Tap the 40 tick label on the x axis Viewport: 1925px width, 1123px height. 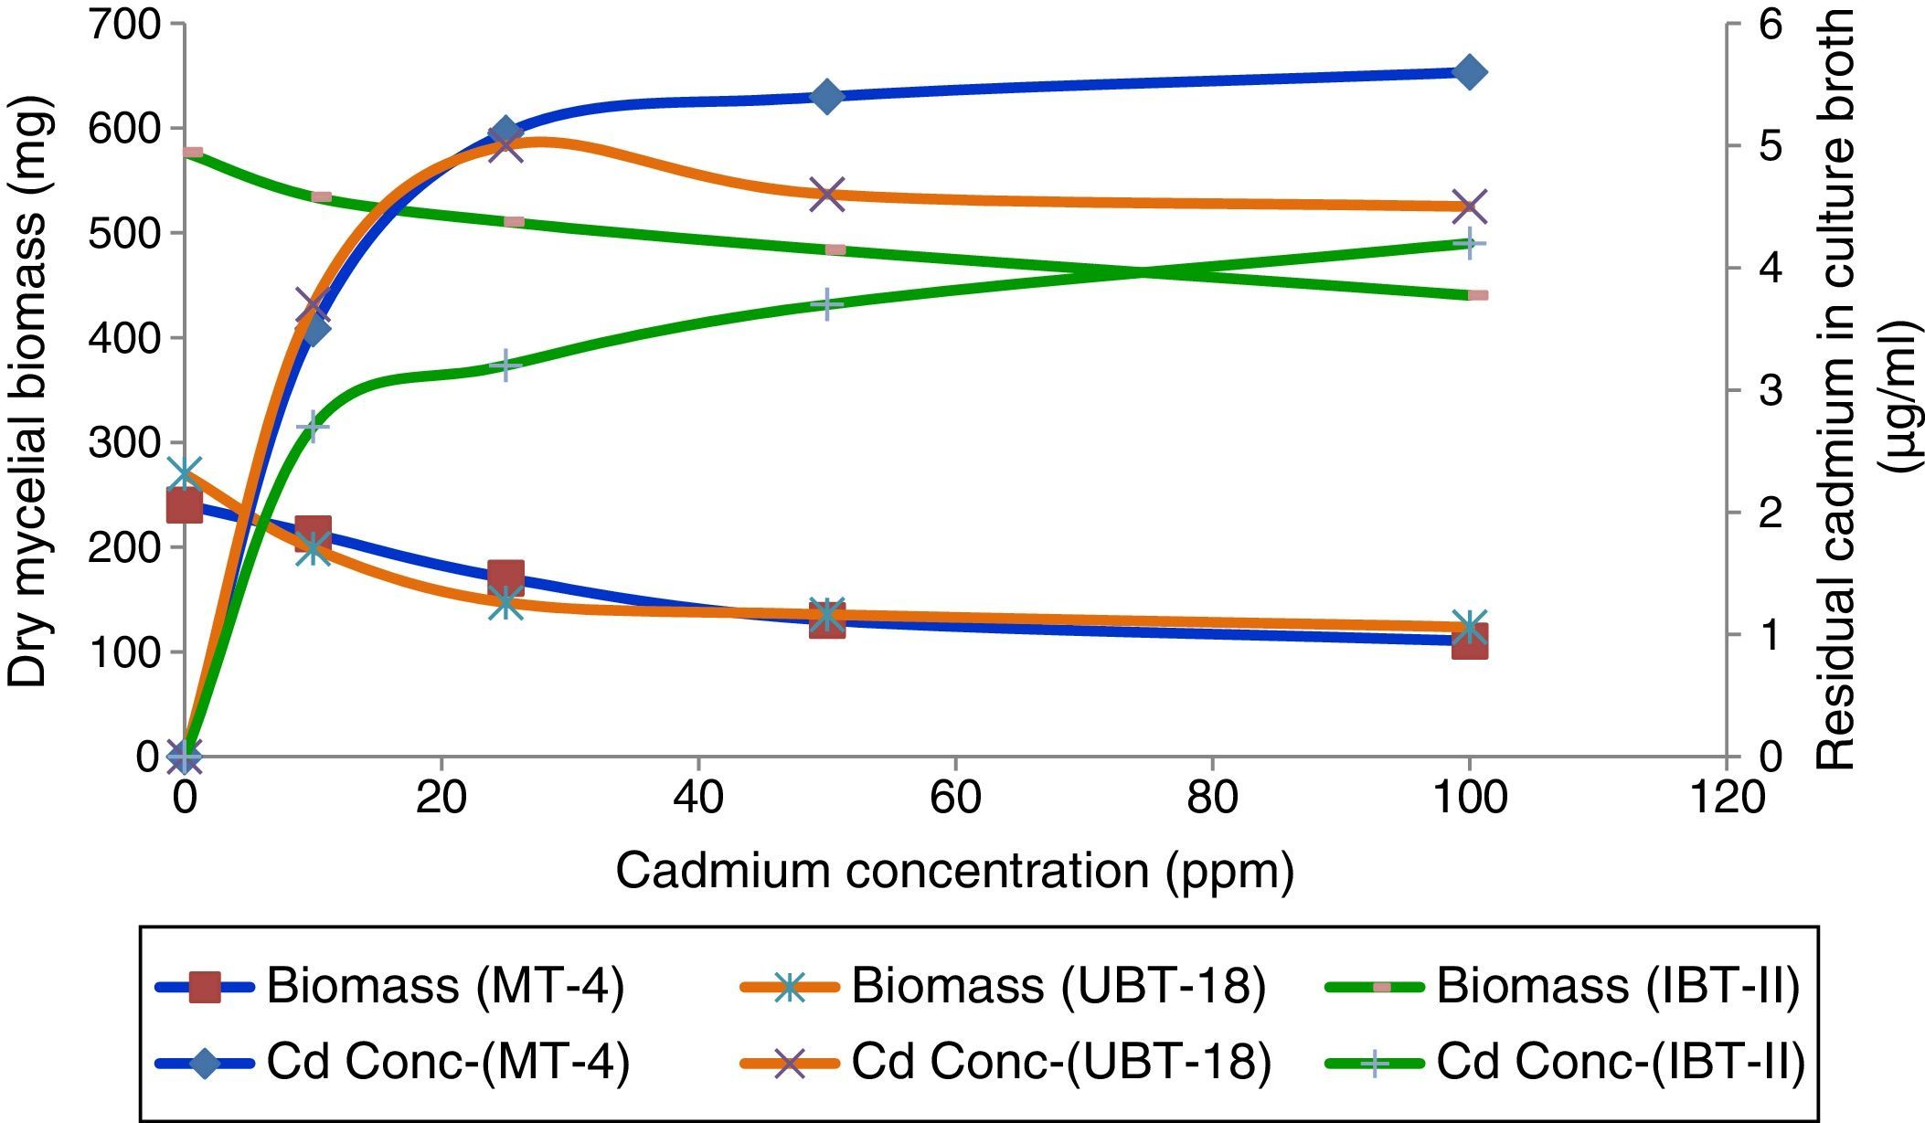pyautogui.click(x=697, y=798)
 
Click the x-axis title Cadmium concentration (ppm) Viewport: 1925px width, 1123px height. pyautogui.click(x=954, y=870)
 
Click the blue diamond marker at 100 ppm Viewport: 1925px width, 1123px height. pyautogui.click(x=1469, y=72)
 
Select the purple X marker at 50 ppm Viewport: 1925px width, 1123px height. pyautogui.click(x=826, y=195)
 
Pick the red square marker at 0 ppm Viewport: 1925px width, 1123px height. pyautogui.click(x=184, y=505)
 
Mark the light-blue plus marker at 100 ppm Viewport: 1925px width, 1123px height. pyautogui.click(x=1469, y=243)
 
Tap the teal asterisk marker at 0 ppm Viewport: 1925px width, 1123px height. pyautogui.click(x=184, y=473)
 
